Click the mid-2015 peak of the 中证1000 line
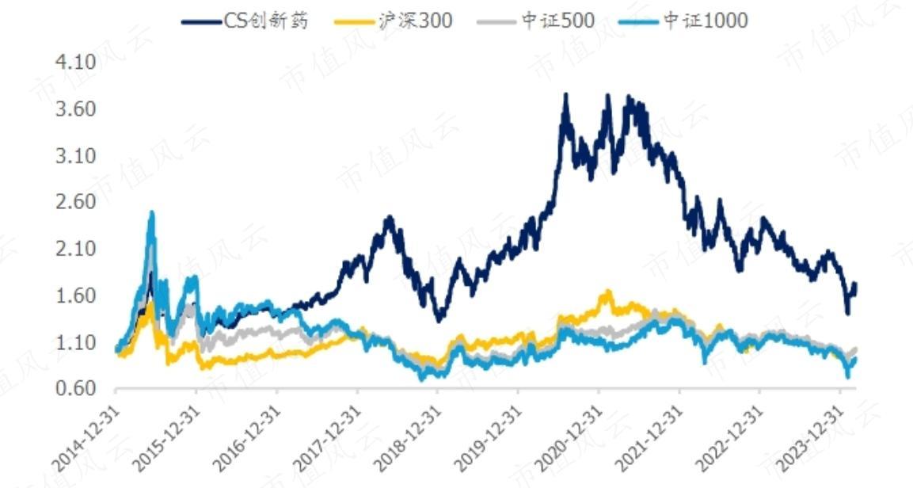tap(151, 213)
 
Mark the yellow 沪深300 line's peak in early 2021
tap(608, 292)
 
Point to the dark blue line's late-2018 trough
tap(439, 319)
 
